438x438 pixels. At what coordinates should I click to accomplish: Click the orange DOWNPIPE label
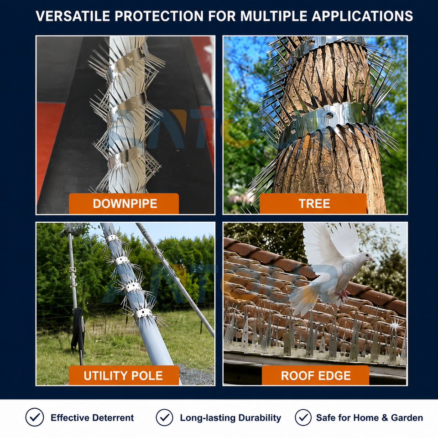(x=124, y=203)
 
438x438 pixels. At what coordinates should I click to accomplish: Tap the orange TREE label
(x=313, y=203)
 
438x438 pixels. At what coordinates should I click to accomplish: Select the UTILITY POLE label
(x=124, y=375)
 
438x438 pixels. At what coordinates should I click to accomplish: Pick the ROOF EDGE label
(x=315, y=375)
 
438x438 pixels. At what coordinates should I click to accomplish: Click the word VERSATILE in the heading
(x=73, y=16)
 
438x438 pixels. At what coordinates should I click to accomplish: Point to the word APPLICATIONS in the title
(x=362, y=16)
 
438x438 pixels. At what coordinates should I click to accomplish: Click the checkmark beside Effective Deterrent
(x=35, y=417)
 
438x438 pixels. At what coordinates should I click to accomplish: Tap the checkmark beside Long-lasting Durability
(x=165, y=417)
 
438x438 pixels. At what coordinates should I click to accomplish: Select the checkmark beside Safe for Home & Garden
(x=303, y=417)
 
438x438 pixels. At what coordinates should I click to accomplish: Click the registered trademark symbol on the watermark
(x=348, y=269)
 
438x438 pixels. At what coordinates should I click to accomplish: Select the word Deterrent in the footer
(x=113, y=417)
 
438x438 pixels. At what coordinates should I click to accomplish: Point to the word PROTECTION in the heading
(x=159, y=16)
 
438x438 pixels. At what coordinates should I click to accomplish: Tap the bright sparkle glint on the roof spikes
(x=395, y=325)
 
